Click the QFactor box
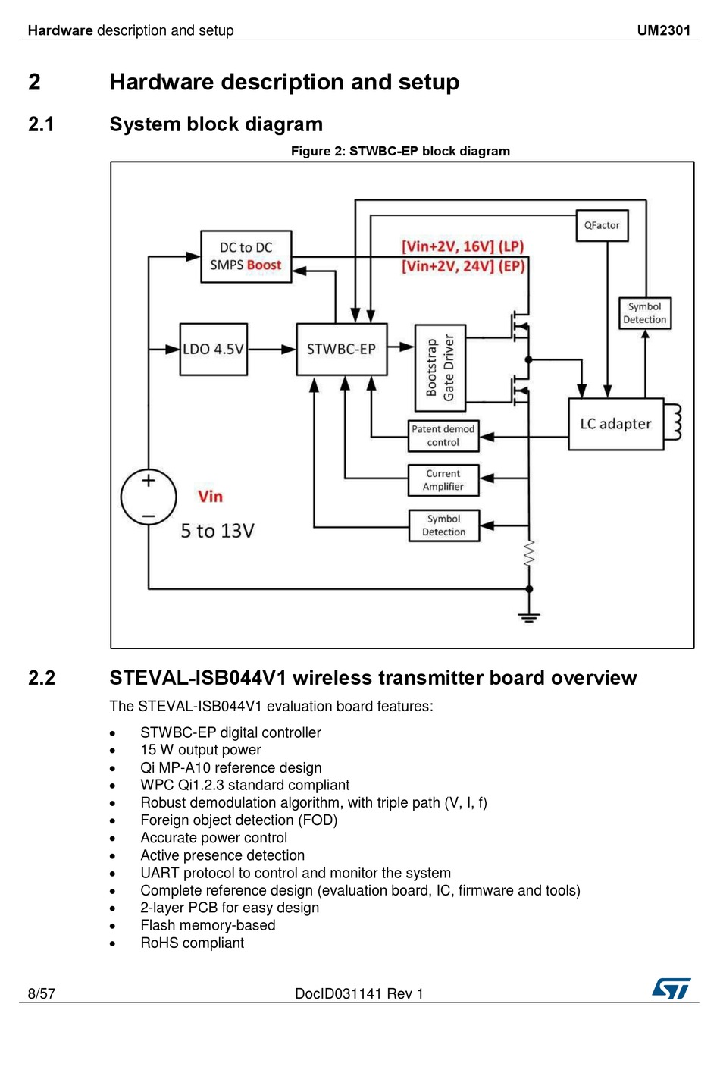click(602, 225)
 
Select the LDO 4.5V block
click(214, 350)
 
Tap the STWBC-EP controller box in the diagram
click(342, 350)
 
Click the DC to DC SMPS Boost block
click(246, 256)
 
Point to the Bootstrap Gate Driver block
click(440, 368)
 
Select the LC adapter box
click(616, 424)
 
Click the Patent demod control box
click(443, 436)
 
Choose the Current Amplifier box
click(443, 480)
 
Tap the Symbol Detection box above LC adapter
click(645, 313)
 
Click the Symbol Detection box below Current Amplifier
click(444, 525)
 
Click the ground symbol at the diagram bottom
click(529, 617)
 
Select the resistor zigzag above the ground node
click(529, 554)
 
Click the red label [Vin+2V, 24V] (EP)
click(463, 266)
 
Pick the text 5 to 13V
click(218, 531)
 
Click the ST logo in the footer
click(671, 989)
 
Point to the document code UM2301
click(664, 30)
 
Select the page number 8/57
click(42, 993)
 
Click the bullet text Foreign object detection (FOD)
click(239, 820)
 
